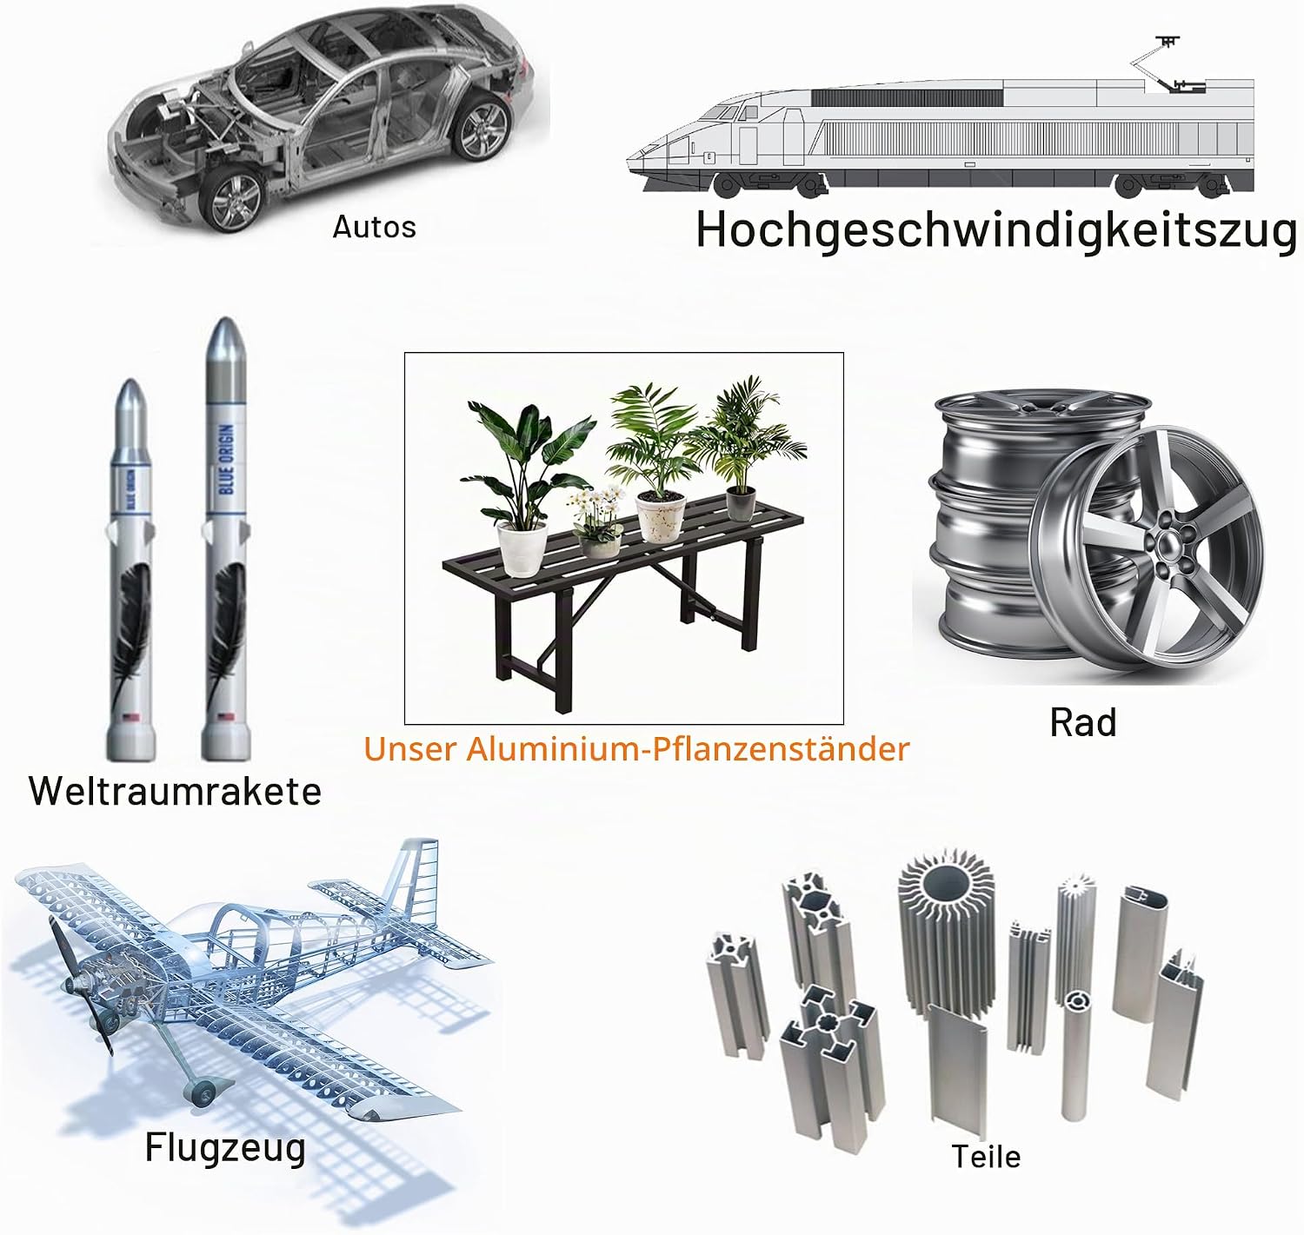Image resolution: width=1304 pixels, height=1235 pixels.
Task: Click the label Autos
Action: point(374,227)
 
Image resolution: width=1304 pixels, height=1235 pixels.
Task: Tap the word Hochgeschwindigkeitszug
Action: point(996,232)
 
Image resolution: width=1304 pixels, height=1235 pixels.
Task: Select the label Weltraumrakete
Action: point(175,791)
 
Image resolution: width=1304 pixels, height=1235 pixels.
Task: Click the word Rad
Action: point(1083,722)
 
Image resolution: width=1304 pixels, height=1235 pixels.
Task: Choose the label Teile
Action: point(986,1157)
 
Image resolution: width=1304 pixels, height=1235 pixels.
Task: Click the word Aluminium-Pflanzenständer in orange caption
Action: point(687,749)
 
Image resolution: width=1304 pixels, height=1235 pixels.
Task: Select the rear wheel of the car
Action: point(480,126)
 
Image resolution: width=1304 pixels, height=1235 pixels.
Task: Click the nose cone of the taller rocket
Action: point(225,346)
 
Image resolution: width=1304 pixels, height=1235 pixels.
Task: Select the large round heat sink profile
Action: point(947,935)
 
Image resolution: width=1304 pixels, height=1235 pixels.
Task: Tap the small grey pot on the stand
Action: point(741,503)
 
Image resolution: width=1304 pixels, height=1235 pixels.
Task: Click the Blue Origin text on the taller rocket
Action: point(227,459)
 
